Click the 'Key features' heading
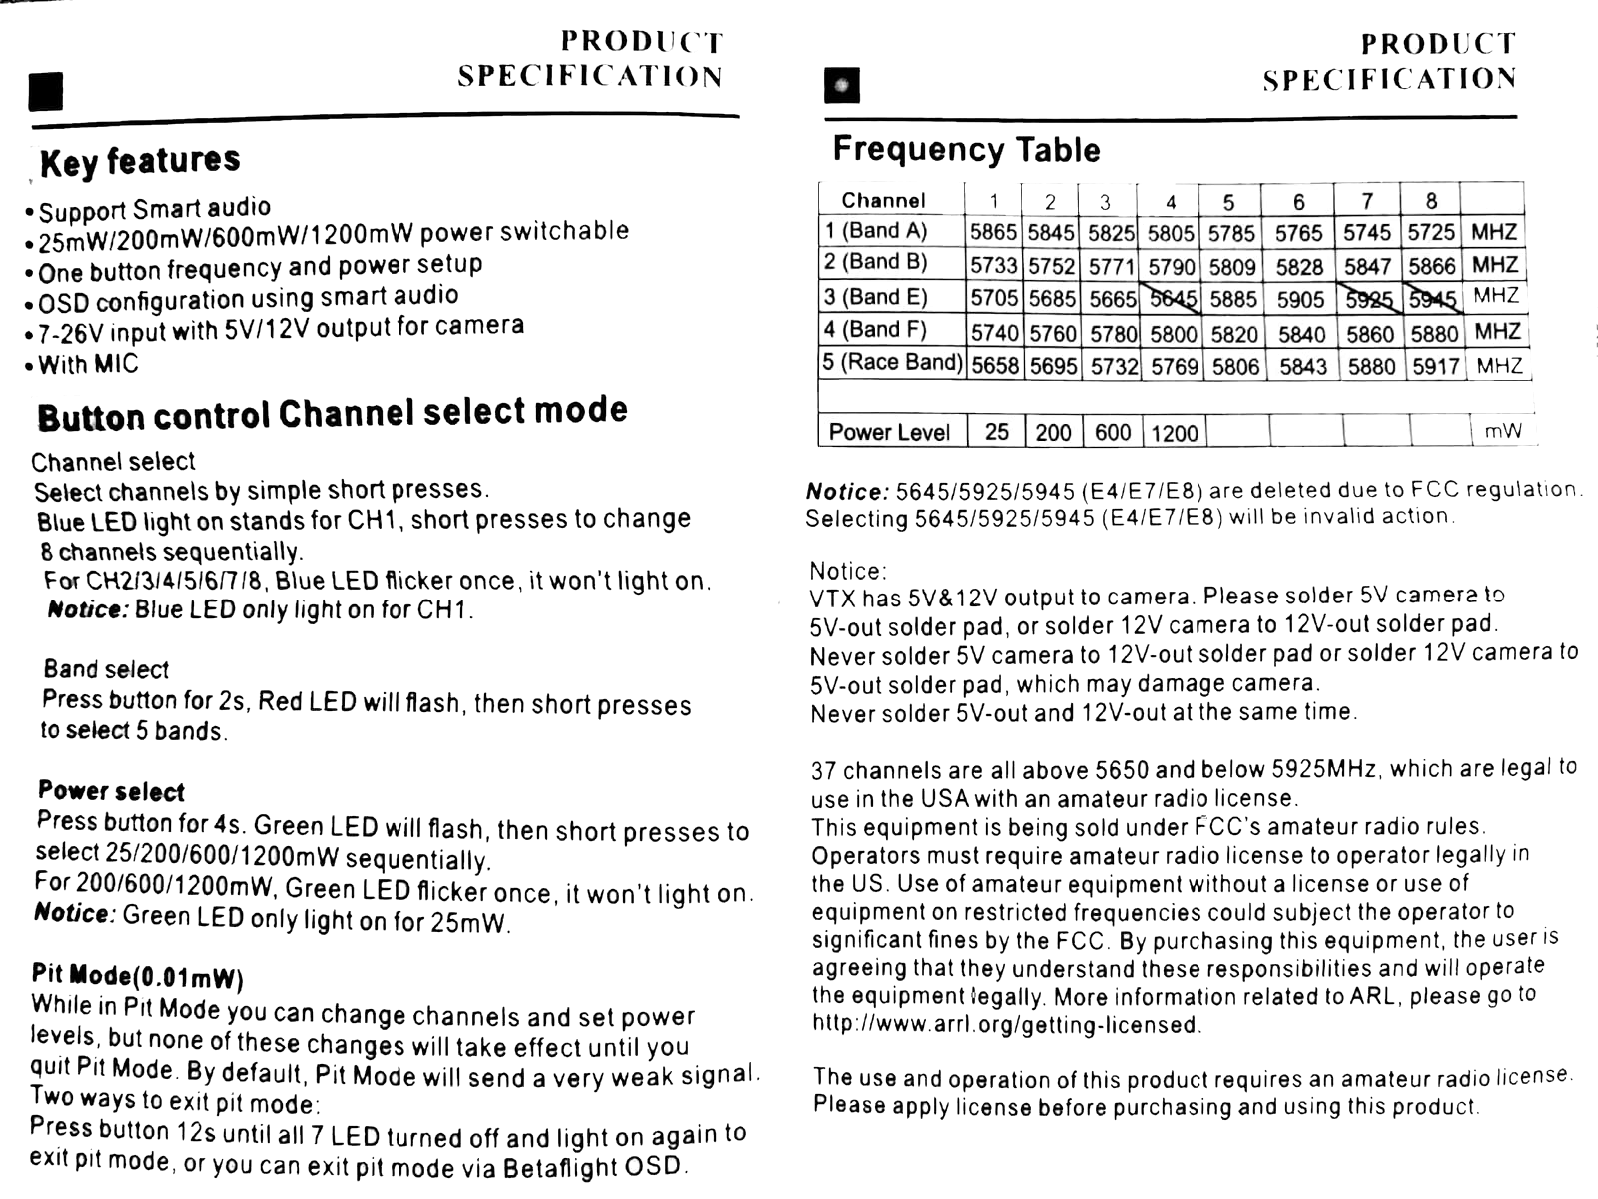(140, 161)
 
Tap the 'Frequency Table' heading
(966, 150)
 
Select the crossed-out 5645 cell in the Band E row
(1173, 298)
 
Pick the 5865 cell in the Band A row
(993, 233)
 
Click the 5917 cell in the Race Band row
(1436, 367)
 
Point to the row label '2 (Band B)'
(876, 263)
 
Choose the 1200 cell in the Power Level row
(1174, 433)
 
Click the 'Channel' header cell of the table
(883, 200)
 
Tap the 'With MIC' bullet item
(88, 365)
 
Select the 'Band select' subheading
(106, 669)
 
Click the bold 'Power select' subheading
(111, 792)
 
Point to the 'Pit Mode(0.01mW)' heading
(137, 975)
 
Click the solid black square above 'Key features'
(46, 91)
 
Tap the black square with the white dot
(842, 86)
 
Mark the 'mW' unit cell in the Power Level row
(1503, 431)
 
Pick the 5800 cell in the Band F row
(1174, 334)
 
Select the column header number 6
(1299, 202)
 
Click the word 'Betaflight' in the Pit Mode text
(560, 1168)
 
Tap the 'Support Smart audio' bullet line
(155, 209)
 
